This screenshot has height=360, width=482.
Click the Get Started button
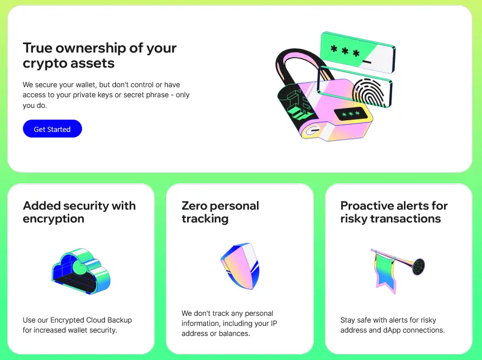coord(52,129)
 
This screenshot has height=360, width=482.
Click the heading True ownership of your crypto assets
coord(99,55)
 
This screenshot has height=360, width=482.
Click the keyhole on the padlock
coord(312,131)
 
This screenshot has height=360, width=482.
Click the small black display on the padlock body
coord(350,115)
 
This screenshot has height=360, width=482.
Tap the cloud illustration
coord(80,272)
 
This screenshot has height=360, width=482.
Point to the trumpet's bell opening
coord(419,266)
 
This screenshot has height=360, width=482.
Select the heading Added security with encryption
coord(79,212)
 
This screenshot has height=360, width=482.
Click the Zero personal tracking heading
coord(220,212)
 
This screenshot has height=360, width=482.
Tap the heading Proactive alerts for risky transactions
coord(394,212)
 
